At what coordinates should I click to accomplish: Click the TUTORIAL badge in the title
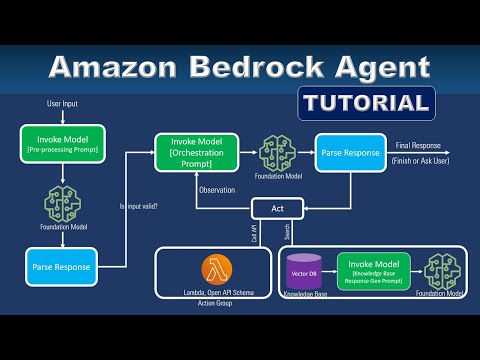[x=366, y=102]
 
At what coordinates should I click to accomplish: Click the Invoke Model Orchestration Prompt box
[x=196, y=152]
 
